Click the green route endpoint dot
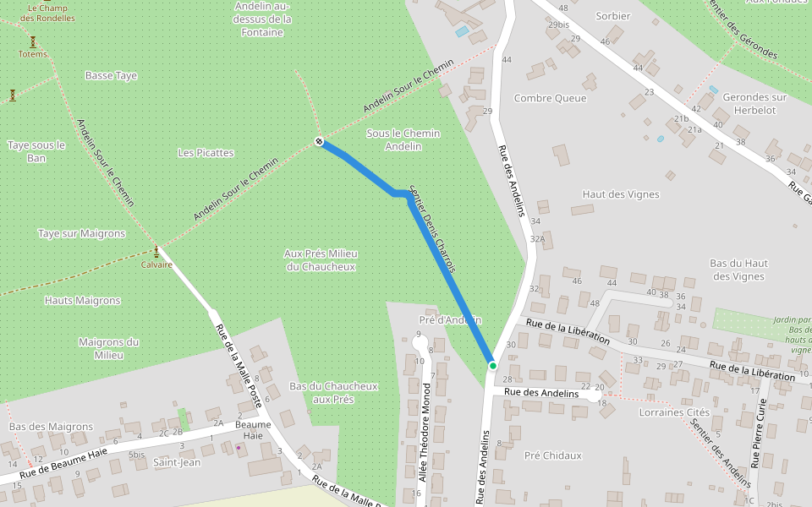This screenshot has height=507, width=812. tap(492, 365)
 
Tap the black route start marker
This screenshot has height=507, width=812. tap(319, 141)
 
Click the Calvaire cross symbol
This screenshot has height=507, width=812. tap(156, 251)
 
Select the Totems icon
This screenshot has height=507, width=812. tap(33, 41)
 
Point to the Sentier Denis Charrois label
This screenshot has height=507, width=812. tap(432, 229)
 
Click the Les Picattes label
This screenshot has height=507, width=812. tap(206, 153)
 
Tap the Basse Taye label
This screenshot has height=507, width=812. tap(111, 76)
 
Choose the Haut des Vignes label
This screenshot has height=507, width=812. tap(621, 194)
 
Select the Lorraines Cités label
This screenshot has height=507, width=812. tap(674, 412)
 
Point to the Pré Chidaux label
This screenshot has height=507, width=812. tap(553, 455)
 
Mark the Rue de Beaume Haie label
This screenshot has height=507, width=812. tap(63, 464)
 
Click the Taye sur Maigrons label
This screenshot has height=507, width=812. tap(81, 233)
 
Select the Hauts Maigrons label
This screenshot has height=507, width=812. tap(82, 300)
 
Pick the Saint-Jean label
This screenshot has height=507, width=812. tap(177, 462)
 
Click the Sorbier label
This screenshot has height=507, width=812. tap(613, 16)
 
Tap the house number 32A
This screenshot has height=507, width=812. tap(537, 239)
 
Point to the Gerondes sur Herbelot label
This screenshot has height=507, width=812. tap(754, 104)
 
